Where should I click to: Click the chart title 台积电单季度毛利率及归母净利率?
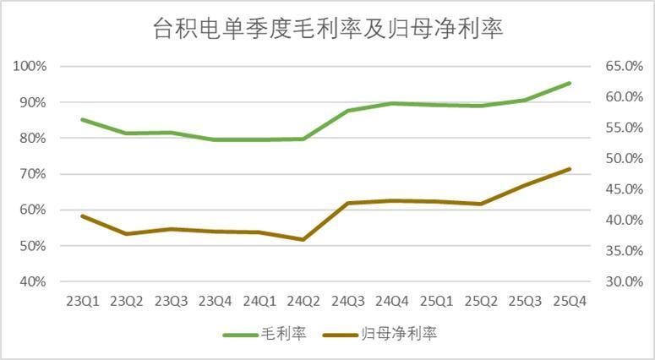pos(327,29)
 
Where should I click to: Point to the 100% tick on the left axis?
pos(30,67)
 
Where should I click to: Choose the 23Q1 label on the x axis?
pos(82,301)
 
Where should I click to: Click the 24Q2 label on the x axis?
pos(303,301)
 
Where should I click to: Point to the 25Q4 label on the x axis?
pos(570,301)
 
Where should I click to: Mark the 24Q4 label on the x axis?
pos(392,301)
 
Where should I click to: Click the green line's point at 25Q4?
pos(570,83)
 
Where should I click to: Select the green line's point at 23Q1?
pos(82,119)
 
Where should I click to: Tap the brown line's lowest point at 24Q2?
pos(303,239)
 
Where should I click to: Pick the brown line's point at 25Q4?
pos(570,169)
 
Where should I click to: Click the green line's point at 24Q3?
pos(348,111)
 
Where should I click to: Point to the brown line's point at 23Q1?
pos(82,215)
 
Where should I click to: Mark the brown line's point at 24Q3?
pos(348,203)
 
